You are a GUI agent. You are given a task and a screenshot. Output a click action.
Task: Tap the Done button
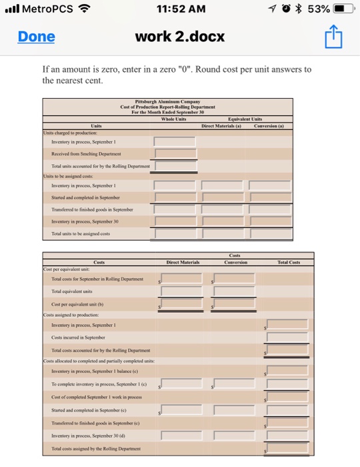pos(36,37)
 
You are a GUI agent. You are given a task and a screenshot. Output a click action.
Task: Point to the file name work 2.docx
pos(179,37)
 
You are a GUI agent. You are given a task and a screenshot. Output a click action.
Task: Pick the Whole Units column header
pos(173,119)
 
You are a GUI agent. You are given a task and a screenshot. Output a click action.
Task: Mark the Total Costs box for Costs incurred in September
pos(287,339)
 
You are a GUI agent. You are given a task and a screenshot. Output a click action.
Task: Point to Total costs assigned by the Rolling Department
pos(96,449)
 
